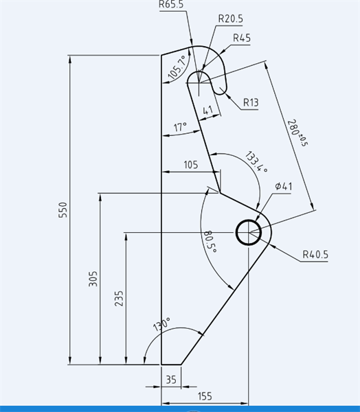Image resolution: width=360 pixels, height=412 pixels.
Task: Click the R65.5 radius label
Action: [x=171, y=5]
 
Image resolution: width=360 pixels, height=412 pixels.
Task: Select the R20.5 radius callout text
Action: [x=231, y=19]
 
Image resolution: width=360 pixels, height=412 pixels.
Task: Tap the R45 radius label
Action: [x=242, y=38]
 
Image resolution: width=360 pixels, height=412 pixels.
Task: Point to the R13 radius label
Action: [x=251, y=102]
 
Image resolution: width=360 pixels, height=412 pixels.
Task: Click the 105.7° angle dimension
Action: [x=179, y=67]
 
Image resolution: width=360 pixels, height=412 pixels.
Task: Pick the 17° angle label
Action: [x=180, y=127]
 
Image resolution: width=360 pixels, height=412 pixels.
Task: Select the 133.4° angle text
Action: [x=256, y=162]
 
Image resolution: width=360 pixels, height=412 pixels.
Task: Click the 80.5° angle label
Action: [x=210, y=242]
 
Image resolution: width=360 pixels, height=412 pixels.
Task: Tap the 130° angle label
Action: [x=161, y=324]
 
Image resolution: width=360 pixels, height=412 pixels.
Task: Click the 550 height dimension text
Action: [x=63, y=209]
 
